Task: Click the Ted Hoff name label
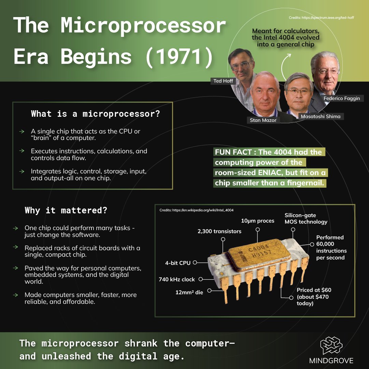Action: tap(223, 81)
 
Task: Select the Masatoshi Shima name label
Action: tap(321, 116)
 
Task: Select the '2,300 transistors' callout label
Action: tap(219, 231)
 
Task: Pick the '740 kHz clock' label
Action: tap(177, 279)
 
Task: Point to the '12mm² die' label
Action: tap(189, 292)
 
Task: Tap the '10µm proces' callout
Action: tap(258, 221)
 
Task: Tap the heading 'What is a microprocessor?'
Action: tap(95, 114)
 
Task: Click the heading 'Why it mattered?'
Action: tap(66, 210)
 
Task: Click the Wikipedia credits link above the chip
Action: tap(196, 210)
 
